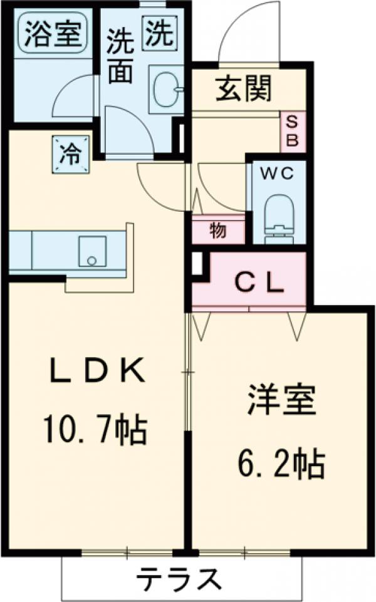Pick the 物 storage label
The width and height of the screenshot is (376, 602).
point(217,231)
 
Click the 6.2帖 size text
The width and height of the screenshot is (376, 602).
point(280,464)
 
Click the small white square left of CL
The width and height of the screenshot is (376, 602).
point(197,264)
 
